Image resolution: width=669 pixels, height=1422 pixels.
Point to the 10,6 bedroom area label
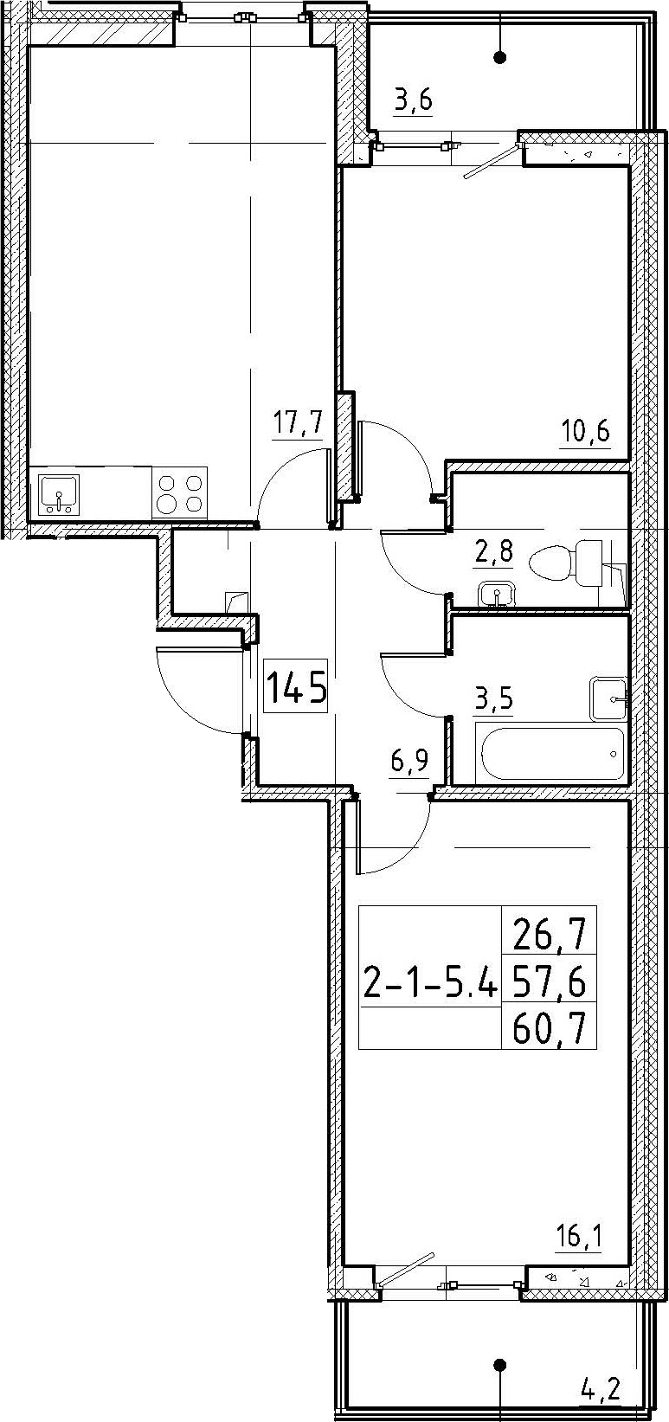click(584, 433)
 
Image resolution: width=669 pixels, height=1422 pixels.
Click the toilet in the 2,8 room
click(565, 563)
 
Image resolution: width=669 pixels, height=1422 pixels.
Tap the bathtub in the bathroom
click(552, 753)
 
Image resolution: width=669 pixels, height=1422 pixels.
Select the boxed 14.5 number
click(296, 687)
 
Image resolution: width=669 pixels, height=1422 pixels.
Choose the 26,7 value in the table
click(548, 936)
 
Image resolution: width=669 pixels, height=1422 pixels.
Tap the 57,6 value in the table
click(548, 985)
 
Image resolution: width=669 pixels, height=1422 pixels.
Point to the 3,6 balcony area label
click(413, 101)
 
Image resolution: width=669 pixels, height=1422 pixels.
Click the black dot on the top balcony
click(500, 58)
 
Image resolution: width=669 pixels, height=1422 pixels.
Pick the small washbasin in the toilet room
click(497, 595)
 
